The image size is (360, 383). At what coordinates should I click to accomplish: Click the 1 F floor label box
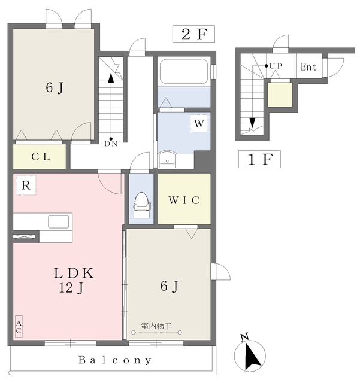coord(260,160)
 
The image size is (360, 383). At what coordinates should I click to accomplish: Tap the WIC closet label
coord(184,199)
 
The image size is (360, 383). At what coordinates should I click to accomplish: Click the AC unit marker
coord(19,327)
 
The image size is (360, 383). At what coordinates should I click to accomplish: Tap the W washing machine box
coord(199,124)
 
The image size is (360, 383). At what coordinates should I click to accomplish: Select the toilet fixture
coord(141,202)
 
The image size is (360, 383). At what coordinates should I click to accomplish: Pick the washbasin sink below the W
coord(167,159)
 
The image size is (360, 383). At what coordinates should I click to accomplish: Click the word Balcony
coord(114,361)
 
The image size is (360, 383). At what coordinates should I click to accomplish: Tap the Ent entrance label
coord(308,67)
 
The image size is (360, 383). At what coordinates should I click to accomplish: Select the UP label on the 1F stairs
coord(276,65)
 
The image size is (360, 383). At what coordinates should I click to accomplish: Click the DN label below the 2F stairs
coord(111,143)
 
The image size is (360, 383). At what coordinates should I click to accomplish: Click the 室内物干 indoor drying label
coord(156,326)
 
